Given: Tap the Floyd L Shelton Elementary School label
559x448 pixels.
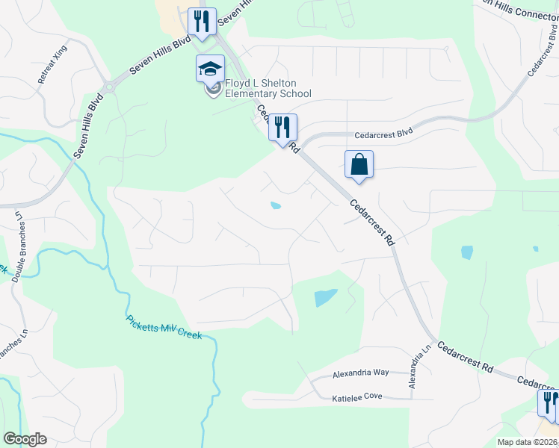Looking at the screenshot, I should click(268, 88).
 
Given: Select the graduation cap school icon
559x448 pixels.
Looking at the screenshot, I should click(210, 69).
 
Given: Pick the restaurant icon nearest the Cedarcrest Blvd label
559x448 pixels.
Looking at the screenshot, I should click(282, 128).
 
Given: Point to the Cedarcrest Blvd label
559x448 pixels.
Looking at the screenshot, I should click(383, 133).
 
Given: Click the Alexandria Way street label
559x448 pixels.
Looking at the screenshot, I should click(361, 372).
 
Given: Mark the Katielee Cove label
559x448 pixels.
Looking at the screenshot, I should click(357, 399).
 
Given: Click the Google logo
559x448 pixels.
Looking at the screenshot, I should click(25, 439).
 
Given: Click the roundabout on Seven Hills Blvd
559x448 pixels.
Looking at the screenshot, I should click(109, 86).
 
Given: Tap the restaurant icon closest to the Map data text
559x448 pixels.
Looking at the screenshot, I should click(550, 403).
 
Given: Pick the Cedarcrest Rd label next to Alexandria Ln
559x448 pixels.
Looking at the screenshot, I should click(466, 358).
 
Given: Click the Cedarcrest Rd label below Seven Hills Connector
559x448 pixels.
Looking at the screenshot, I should click(543, 60).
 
